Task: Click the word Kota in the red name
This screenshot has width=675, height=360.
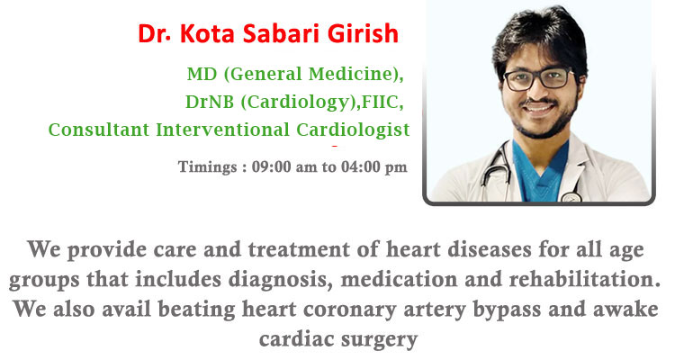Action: pyautogui.click(x=207, y=33)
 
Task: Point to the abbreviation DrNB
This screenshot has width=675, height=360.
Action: pyautogui.click(x=210, y=102)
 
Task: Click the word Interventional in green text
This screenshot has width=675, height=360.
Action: pyautogui.click(x=222, y=130)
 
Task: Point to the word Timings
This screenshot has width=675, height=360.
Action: pyautogui.click(x=208, y=167)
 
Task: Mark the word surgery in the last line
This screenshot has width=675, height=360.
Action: pyautogui.click(x=379, y=340)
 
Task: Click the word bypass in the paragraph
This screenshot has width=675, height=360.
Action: pyautogui.click(x=507, y=310)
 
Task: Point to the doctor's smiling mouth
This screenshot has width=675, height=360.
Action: pyautogui.click(x=537, y=107)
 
